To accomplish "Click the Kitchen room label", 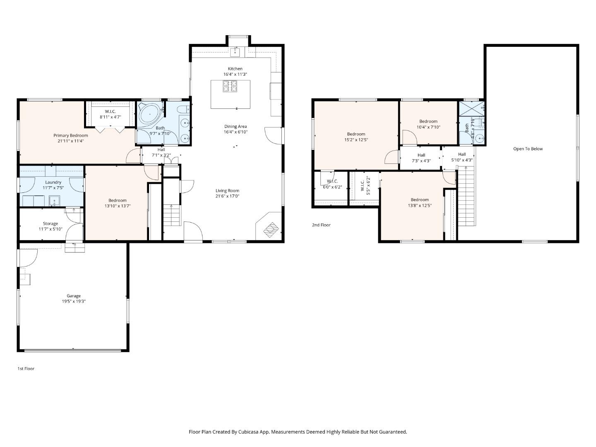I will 235,69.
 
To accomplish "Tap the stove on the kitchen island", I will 230,86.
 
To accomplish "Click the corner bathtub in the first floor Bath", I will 148,113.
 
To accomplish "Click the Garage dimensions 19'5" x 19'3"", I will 74,301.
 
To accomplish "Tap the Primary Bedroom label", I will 71,135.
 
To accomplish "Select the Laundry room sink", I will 54,202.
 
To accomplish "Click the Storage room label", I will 50,223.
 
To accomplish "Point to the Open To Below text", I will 528,149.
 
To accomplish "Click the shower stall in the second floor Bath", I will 471,109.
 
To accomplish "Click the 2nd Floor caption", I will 321,225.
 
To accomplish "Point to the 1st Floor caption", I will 26,368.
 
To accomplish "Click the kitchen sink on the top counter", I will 235,52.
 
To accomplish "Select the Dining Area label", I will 236,127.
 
